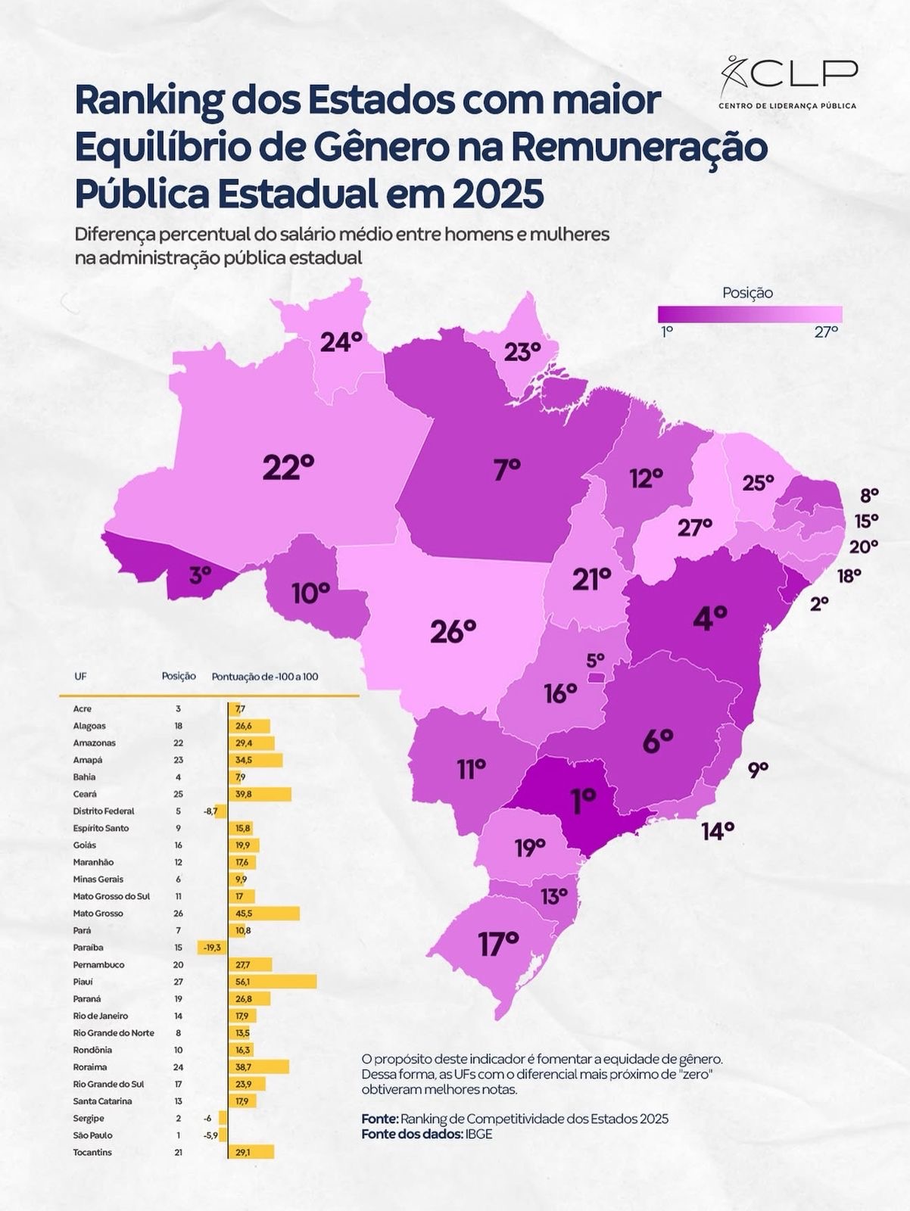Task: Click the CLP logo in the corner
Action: tap(788, 82)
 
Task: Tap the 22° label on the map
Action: tap(288, 468)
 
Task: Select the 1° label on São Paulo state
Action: tap(584, 802)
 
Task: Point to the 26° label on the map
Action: tap(453, 631)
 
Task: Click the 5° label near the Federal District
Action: tap(596, 660)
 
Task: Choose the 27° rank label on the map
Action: tap(695, 528)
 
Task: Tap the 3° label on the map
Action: tap(200, 576)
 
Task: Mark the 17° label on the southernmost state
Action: tap(498, 944)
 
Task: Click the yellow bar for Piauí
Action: tap(273, 982)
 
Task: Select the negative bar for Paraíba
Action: tap(213, 948)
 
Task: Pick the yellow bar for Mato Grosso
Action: tap(264, 914)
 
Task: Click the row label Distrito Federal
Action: tap(104, 811)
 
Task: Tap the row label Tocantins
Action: tap(92, 1152)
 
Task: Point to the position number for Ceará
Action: tap(179, 794)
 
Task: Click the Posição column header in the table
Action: tap(179, 676)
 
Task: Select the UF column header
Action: tap(80, 676)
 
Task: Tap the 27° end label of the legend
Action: tap(826, 332)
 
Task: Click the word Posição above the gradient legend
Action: tap(747, 293)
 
